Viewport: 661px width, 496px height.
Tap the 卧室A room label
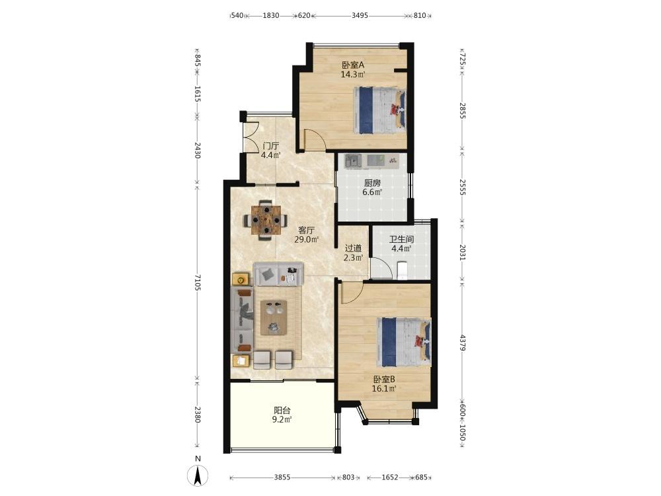pos(353,65)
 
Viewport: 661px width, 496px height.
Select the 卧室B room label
pos(383,380)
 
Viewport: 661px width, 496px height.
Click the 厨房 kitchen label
pos(373,183)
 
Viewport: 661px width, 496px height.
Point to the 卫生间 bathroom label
pos(401,239)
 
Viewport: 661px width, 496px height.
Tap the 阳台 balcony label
pos(282,410)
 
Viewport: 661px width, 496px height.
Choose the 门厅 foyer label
pos(270,146)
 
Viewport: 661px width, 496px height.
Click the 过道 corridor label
pos(353,248)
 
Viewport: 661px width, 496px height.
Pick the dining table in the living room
pos(266,220)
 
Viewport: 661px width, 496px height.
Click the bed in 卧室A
pos(379,110)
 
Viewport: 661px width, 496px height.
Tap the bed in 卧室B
pos(404,342)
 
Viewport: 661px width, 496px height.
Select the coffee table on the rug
pos(274,317)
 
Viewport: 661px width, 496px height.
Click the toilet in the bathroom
pos(403,270)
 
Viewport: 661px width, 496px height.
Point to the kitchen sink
pos(353,160)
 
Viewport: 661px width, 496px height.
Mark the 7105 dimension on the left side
pos(197,282)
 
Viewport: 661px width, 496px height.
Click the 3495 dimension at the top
pos(360,16)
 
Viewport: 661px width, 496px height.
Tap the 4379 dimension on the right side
pos(463,343)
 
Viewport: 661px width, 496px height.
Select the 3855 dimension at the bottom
pos(282,477)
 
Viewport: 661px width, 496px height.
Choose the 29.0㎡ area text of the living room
pos(307,239)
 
